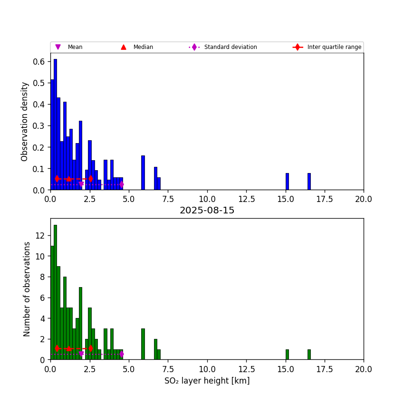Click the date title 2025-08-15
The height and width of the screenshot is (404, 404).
tap(207, 211)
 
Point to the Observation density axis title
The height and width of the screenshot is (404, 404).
tap(25, 121)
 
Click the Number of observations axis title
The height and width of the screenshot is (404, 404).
tap(27, 289)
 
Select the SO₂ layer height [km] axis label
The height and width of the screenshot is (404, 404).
tap(207, 381)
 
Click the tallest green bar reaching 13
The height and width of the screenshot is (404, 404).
tap(55, 292)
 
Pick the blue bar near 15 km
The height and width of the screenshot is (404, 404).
tap(287, 182)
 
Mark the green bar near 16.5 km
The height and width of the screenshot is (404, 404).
tap(309, 355)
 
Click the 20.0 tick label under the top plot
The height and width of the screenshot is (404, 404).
tap(363, 199)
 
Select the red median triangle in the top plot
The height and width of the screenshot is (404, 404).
tap(69, 179)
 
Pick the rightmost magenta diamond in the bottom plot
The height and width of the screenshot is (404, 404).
tap(122, 354)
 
